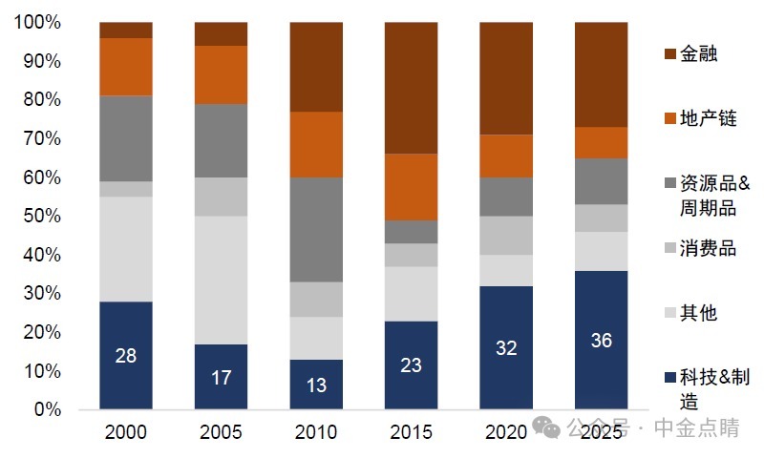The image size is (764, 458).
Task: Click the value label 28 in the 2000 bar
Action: tap(126, 356)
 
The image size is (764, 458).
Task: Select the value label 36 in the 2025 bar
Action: tap(602, 340)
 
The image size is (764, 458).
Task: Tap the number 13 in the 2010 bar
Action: tap(316, 385)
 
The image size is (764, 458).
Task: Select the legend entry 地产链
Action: tap(708, 118)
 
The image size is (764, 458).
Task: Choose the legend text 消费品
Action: tap(708, 248)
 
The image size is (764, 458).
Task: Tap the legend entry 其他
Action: tap(698, 313)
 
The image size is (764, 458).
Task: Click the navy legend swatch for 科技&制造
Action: tap(668, 379)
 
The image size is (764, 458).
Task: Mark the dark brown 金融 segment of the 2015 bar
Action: tap(412, 88)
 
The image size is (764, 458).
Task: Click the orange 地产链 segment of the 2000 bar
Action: tap(126, 67)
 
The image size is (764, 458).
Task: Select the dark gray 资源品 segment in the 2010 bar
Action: tap(316, 230)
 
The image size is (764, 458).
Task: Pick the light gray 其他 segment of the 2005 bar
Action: tap(222, 280)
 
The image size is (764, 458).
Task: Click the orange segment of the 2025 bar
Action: tap(602, 142)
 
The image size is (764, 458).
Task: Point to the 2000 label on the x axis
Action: tap(126, 432)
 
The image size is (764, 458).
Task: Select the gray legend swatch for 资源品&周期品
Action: tap(668, 184)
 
